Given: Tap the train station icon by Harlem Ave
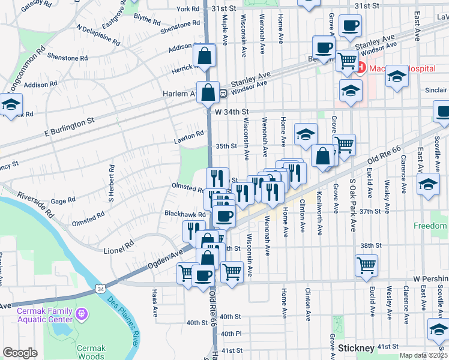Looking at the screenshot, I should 222,93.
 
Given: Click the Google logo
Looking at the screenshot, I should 20,353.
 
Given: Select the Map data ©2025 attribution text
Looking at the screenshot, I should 424,355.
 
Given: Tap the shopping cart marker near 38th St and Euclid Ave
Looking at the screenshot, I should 366,265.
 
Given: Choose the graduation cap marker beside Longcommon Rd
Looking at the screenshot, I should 10,104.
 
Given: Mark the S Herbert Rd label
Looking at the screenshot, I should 111,190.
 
